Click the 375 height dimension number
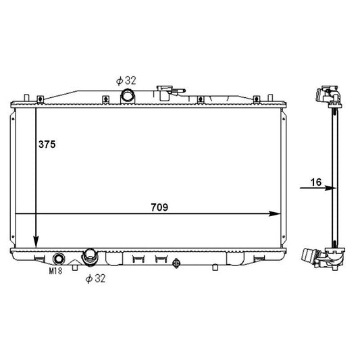coord(47,145)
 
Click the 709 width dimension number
coord(159,207)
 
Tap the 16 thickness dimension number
coord(316,182)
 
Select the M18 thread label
coord(55,271)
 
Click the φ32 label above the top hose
coord(126,81)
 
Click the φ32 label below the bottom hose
coord(95,278)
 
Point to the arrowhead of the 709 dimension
coord(275,213)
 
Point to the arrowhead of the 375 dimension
coord(36,242)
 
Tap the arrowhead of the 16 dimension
coord(330,188)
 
